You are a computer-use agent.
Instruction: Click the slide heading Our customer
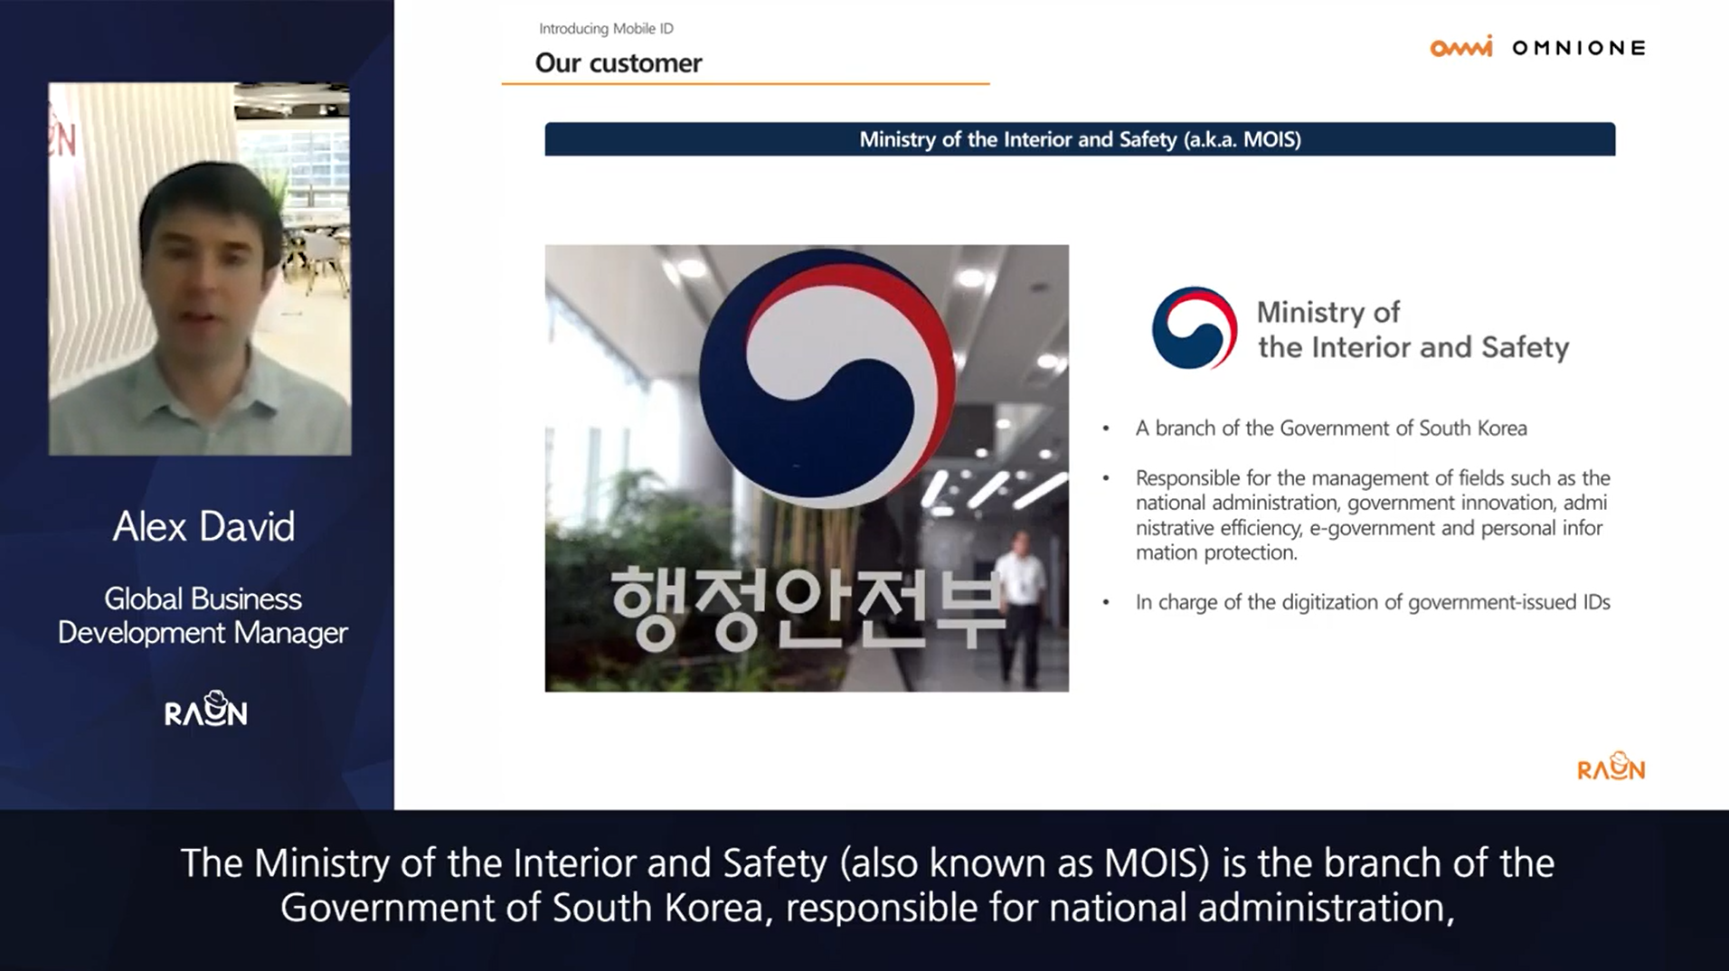(x=619, y=62)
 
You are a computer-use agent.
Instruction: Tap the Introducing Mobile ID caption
(x=606, y=29)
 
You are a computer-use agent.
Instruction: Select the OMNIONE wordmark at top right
(x=1579, y=48)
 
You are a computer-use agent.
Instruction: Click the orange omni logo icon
(x=1461, y=47)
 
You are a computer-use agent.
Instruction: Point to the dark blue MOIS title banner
(x=1080, y=139)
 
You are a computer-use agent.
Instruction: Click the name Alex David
(x=203, y=526)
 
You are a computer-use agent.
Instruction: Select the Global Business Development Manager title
(x=203, y=616)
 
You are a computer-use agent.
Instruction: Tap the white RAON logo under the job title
(x=206, y=710)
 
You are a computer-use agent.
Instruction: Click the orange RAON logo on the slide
(x=1611, y=767)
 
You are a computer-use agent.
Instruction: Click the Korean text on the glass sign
(x=808, y=608)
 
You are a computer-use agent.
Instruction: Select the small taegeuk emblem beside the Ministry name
(x=1195, y=328)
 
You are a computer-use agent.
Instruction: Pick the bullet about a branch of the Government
(x=1331, y=429)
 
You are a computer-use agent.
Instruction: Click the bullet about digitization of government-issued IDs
(x=1373, y=602)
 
